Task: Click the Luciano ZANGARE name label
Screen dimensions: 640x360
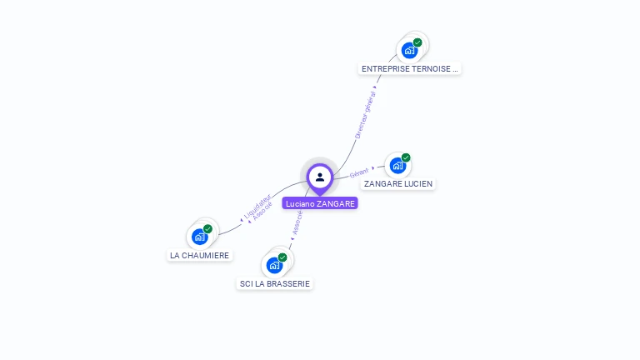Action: [320, 203]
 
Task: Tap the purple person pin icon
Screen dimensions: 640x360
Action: [320, 177]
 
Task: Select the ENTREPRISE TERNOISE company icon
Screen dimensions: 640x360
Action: [409, 50]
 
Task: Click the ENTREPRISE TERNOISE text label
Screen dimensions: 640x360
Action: [409, 69]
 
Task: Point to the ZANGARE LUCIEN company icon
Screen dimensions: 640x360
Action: [397, 165]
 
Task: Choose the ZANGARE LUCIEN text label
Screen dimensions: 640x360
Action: [398, 183]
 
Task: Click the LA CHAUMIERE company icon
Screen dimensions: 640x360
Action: [199, 237]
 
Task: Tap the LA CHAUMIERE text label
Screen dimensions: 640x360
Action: [200, 256]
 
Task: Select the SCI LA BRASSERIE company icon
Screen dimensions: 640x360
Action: [274, 265]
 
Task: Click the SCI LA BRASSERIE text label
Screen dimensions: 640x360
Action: [275, 283]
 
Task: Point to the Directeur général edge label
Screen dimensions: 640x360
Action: [365, 113]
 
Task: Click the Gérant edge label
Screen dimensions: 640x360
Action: [359, 172]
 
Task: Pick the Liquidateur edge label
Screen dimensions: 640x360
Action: [257, 206]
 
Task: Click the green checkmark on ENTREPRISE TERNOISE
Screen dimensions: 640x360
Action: [417, 42]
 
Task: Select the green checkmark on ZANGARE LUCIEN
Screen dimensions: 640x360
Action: [406, 157]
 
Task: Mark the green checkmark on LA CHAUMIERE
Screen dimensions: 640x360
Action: [207, 229]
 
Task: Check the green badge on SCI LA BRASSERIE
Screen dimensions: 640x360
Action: [282, 257]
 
